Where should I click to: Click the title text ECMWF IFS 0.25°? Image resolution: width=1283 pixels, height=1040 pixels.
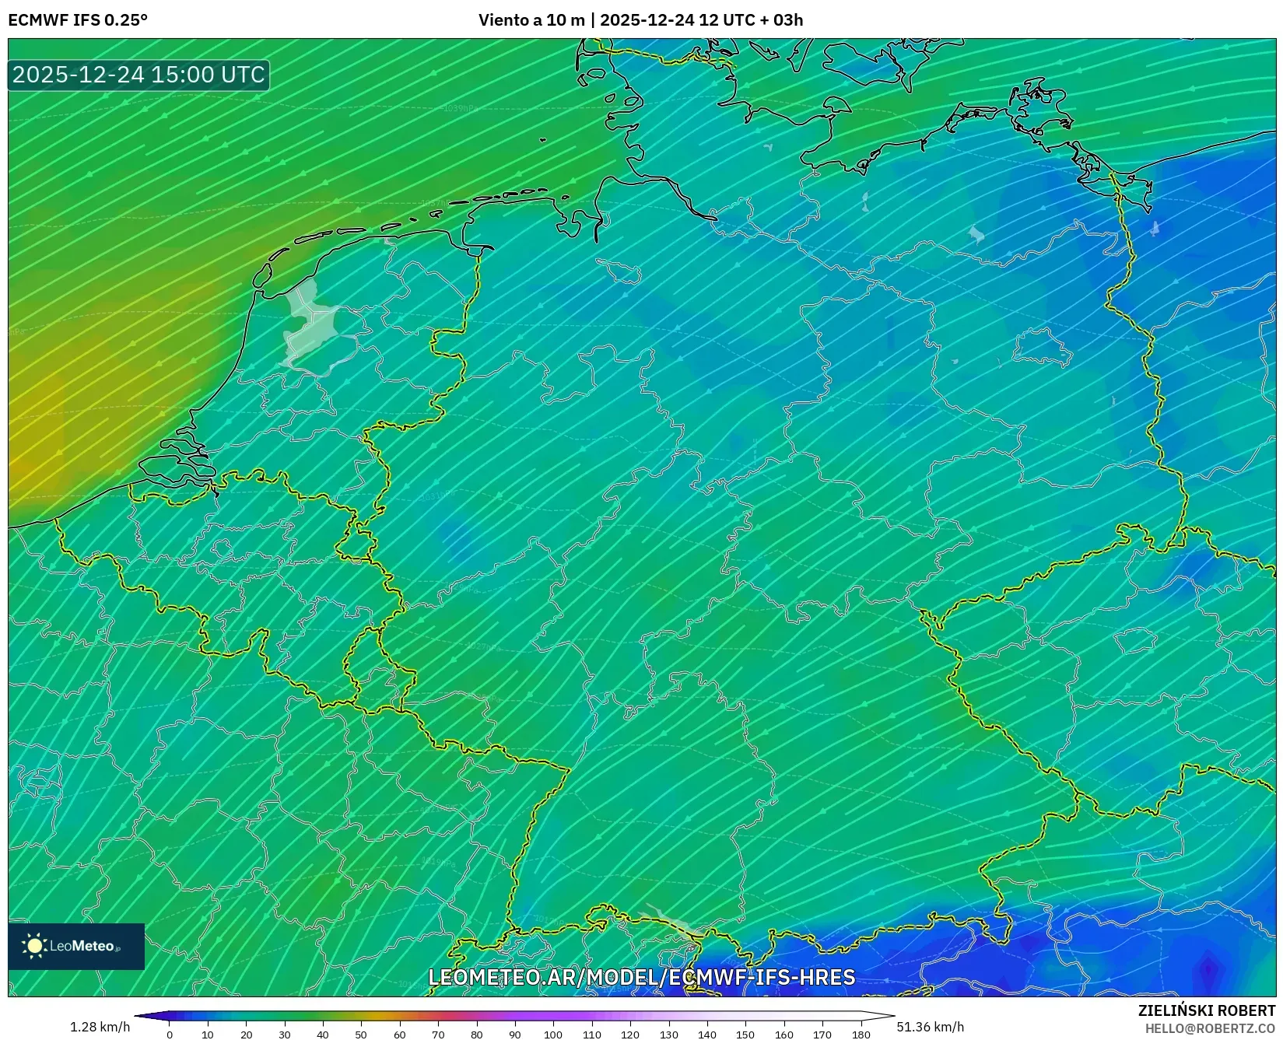click(78, 20)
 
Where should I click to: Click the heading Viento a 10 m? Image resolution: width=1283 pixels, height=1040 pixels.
click(531, 20)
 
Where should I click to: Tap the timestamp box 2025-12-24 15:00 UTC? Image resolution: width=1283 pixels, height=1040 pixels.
click(138, 75)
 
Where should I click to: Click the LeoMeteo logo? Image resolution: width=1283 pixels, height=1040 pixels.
click(76, 946)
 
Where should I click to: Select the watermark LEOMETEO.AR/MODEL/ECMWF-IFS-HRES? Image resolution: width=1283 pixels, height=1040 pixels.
click(642, 977)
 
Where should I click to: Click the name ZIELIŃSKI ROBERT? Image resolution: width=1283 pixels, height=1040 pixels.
click(1207, 1010)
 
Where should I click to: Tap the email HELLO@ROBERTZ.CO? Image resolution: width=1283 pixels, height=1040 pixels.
click(1210, 1028)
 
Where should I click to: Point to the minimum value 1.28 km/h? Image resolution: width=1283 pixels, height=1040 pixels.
click(100, 1027)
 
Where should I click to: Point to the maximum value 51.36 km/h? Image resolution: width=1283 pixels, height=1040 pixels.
click(930, 1027)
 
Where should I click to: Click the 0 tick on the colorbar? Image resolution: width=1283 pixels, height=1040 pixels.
click(170, 1035)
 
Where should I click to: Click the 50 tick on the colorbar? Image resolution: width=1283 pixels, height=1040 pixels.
click(361, 1035)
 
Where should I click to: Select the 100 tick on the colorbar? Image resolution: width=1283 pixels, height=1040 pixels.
click(553, 1035)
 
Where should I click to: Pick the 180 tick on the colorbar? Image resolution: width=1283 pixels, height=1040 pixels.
click(861, 1035)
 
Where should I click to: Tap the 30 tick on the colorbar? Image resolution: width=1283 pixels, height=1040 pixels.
click(285, 1035)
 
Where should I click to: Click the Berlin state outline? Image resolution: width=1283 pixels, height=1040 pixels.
click(1043, 346)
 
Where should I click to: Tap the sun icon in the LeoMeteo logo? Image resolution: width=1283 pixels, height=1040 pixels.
click(35, 946)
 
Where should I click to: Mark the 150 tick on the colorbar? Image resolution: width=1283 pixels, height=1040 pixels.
click(745, 1035)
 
